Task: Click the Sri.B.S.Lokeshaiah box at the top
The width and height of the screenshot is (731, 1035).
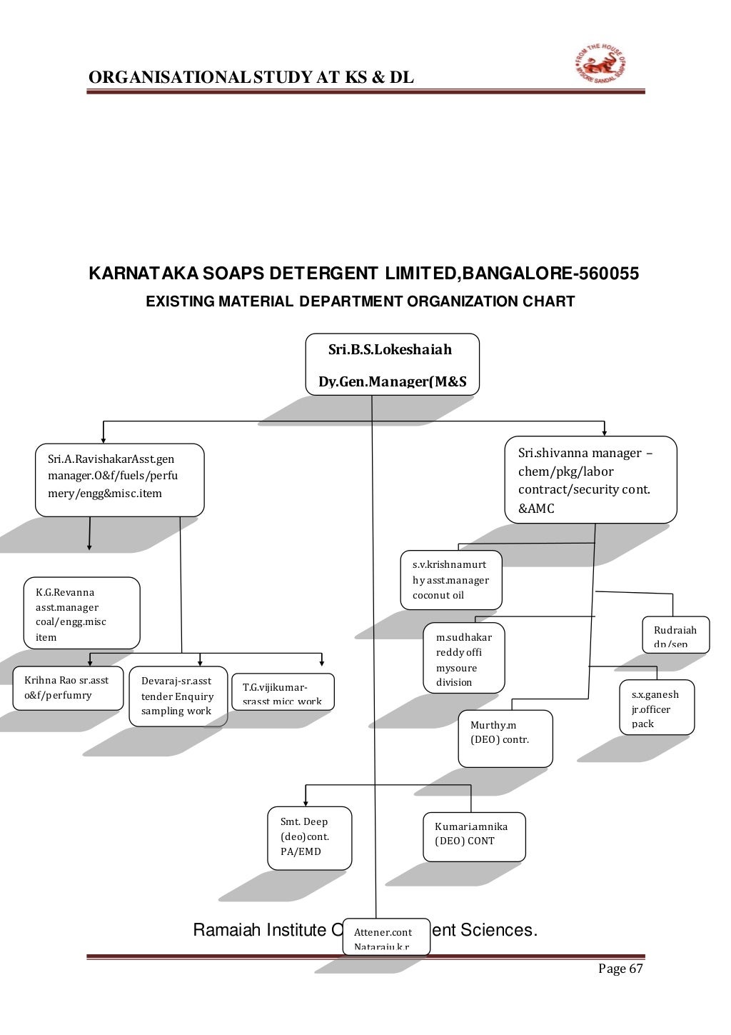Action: point(392,364)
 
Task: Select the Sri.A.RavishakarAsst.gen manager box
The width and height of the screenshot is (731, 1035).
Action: point(119,479)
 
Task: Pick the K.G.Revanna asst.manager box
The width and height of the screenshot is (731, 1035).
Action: point(81,613)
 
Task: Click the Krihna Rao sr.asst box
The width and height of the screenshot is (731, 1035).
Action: point(68,688)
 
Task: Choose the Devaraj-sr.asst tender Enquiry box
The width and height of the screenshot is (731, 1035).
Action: point(178,696)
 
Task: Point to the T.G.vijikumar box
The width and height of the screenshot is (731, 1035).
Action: point(283,692)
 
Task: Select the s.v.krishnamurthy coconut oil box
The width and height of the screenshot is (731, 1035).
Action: point(451,579)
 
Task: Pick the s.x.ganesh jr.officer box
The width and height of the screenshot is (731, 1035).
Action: point(656,707)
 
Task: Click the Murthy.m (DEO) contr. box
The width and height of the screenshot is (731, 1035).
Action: point(505,738)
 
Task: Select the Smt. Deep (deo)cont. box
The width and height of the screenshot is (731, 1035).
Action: point(309,837)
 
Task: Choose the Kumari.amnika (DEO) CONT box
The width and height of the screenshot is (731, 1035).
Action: point(474,836)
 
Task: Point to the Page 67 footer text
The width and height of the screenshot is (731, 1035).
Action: point(620,969)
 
